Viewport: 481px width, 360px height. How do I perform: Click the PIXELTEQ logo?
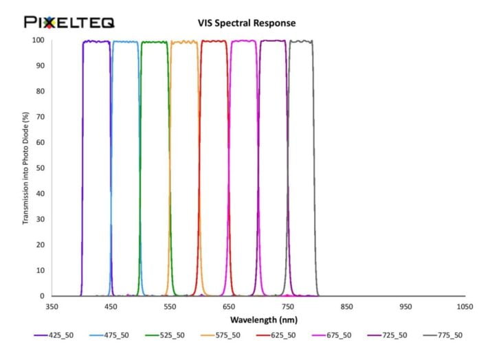click(x=69, y=23)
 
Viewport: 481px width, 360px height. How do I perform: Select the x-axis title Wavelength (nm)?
click(x=254, y=319)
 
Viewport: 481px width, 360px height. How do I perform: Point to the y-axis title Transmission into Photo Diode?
click(x=26, y=168)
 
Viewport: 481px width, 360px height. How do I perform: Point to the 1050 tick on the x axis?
click(x=465, y=306)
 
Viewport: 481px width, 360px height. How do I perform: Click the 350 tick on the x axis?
click(x=52, y=306)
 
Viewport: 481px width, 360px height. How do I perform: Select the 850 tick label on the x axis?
click(x=347, y=306)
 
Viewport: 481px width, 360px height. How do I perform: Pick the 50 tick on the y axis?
click(x=41, y=168)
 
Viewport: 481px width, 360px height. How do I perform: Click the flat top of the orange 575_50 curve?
click(x=184, y=42)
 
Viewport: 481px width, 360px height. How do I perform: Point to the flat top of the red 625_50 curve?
click(x=214, y=41)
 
